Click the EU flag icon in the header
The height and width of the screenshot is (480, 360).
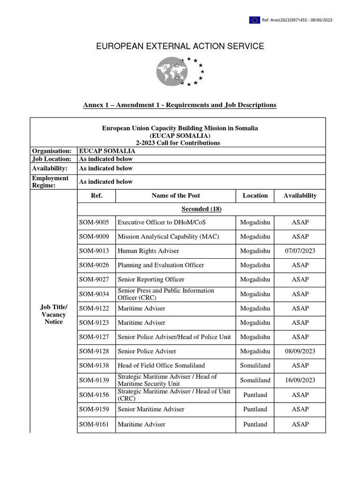coord(255,20)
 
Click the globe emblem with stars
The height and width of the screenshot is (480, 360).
coord(180,71)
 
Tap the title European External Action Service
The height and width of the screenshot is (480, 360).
coord(180,46)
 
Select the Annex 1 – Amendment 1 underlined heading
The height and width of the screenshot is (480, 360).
coord(180,105)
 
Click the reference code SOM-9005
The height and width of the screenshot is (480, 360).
coord(94,222)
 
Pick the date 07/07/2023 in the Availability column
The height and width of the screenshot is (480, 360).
coord(300,251)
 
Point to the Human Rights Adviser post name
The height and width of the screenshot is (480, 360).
coord(148,251)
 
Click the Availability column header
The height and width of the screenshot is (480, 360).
coord(300,195)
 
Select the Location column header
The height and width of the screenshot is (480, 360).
coord(255,195)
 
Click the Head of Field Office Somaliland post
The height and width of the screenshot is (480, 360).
coord(161,365)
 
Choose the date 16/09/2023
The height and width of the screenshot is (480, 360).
coord(300,380)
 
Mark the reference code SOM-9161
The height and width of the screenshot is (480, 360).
coord(94,424)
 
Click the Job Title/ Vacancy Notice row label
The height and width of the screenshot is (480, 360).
coord(53,315)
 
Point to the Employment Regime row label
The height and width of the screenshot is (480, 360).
coord(50,181)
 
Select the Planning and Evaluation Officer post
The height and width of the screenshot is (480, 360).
coord(161,265)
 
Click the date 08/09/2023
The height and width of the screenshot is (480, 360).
coord(300,351)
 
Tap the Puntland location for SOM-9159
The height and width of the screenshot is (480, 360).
coord(255,409)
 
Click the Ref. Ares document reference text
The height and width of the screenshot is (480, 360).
coord(297,20)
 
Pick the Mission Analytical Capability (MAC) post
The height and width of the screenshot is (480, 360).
coord(168,237)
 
